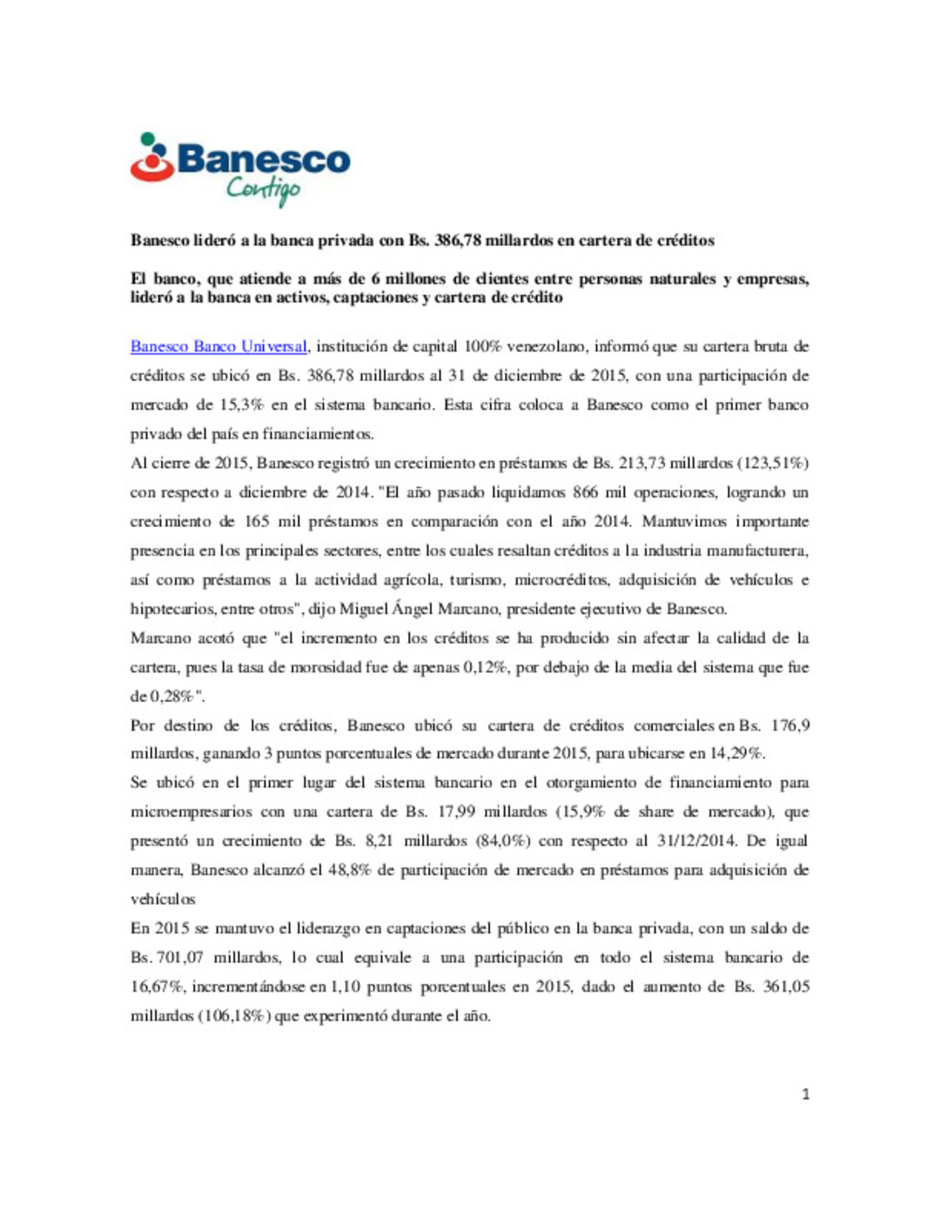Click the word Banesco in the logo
[x=263, y=160]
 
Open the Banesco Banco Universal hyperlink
[x=218, y=346]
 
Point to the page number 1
[x=805, y=1094]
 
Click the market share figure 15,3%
[x=241, y=404]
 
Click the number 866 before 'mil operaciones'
[x=585, y=492]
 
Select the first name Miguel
[x=364, y=609]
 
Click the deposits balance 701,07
[x=180, y=958]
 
